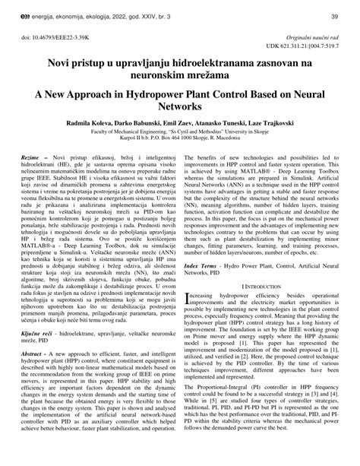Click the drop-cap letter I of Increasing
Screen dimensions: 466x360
pos(188,296)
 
